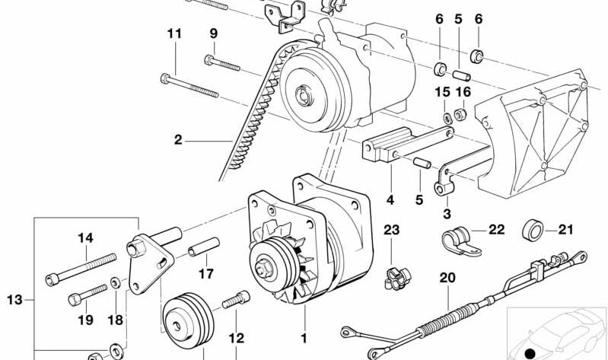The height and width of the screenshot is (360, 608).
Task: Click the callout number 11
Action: [174, 33]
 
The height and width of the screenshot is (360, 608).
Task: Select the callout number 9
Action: [214, 33]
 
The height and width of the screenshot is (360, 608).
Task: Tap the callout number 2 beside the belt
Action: [178, 139]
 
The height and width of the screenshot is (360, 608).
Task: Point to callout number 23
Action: [391, 230]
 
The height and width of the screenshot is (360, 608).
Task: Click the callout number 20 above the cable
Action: [447, 278]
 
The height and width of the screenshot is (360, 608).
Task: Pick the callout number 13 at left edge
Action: [14, 300]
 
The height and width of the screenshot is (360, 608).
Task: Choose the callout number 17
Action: [206, 274]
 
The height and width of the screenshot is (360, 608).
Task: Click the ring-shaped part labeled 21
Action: [532, 230]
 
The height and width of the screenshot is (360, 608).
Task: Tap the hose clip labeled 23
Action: [397, 278]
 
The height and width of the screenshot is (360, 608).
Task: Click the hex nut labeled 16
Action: [460, 114]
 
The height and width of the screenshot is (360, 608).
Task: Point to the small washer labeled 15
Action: [447, 116]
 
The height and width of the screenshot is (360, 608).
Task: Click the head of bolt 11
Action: [165, 78]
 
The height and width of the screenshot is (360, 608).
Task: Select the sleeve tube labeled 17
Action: [204, 247]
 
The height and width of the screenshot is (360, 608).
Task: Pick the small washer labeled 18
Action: [115, 282]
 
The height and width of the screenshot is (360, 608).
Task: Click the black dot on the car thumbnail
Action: [530, 354]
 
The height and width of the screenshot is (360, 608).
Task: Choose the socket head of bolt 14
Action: [53, 279]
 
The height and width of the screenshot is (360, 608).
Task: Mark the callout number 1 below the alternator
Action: [304, 338]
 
